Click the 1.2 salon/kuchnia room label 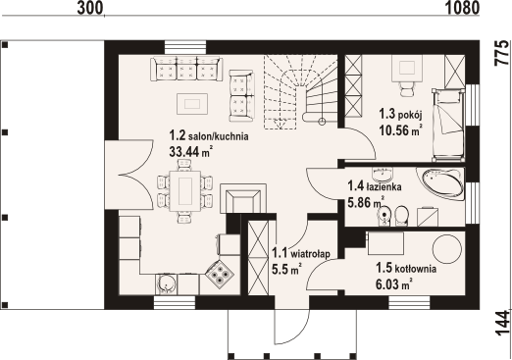click(x=209, y=135)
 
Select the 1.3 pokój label click(x=400, y=115)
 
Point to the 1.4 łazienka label click(x=375, y=186)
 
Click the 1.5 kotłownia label click(x=406, y=269)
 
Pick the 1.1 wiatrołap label click(x=301, y=253)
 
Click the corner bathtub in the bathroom click(x=440, y=183)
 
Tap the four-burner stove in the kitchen click(x=219, y=273)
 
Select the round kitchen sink click(x=167, y=283)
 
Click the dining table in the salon click(x=185, y=190)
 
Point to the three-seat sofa click(x=186, y=69)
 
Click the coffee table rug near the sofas click(x=192, y=104)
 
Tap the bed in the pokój click(x=448, y=125)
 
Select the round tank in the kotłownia click(x=446, y=248)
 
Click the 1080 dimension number click(x=462, y=8)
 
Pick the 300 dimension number click(x=90, y=8)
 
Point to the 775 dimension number click(x=502, y=53)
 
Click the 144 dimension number click(x=502, y=324)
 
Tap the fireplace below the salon click(x=243, y=198)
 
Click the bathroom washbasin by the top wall click(x=382, y=175)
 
